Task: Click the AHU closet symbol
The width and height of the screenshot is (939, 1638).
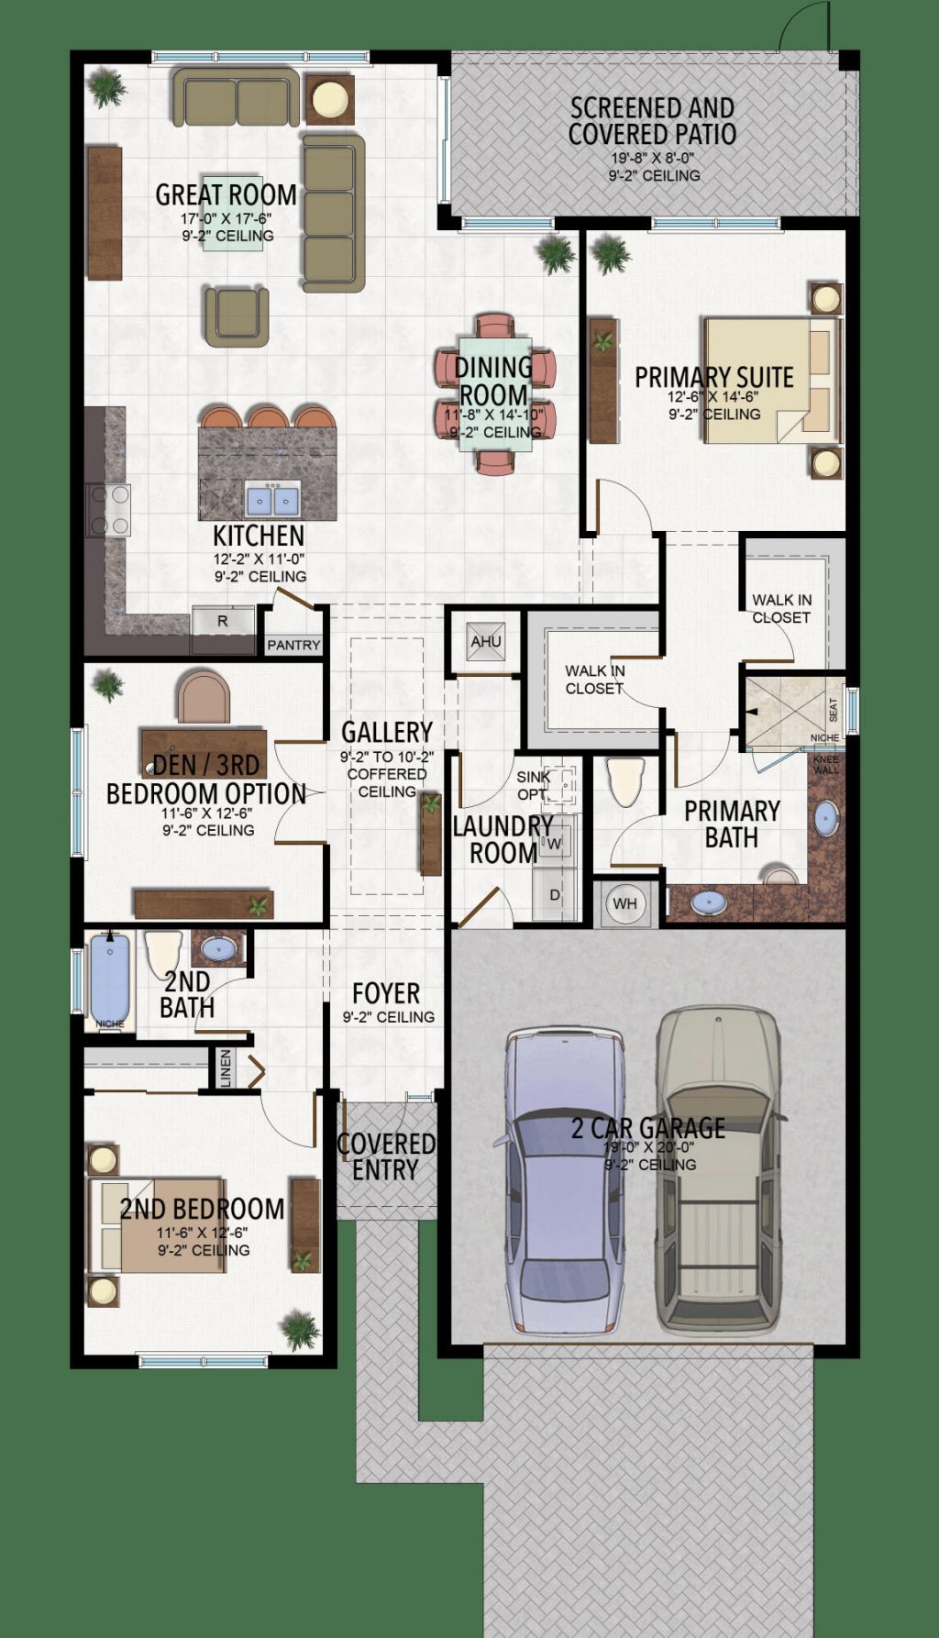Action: pos(485,641)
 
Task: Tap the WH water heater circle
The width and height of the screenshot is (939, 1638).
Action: pos(624,903)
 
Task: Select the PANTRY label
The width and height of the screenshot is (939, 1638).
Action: pos(293,646)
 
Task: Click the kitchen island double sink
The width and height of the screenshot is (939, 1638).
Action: pos(272,500)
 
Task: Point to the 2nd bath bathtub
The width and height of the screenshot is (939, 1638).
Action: pos(109,978)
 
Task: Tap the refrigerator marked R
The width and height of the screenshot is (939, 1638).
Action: pos(223,621)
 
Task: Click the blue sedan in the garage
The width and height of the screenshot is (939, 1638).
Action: pos(560,1183)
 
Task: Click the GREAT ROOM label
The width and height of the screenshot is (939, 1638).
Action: pos(226,194)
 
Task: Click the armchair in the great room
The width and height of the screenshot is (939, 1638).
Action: pos(237,316)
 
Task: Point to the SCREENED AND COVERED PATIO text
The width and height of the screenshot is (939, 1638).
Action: pos(652,121)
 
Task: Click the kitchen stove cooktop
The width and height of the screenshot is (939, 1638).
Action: pos(109,510)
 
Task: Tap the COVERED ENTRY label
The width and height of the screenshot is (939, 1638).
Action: pos(385,1157)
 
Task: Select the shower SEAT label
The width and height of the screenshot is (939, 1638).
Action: pos(833,709)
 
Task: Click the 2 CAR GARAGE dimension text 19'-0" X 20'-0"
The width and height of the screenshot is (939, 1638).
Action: pos(649,1148)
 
